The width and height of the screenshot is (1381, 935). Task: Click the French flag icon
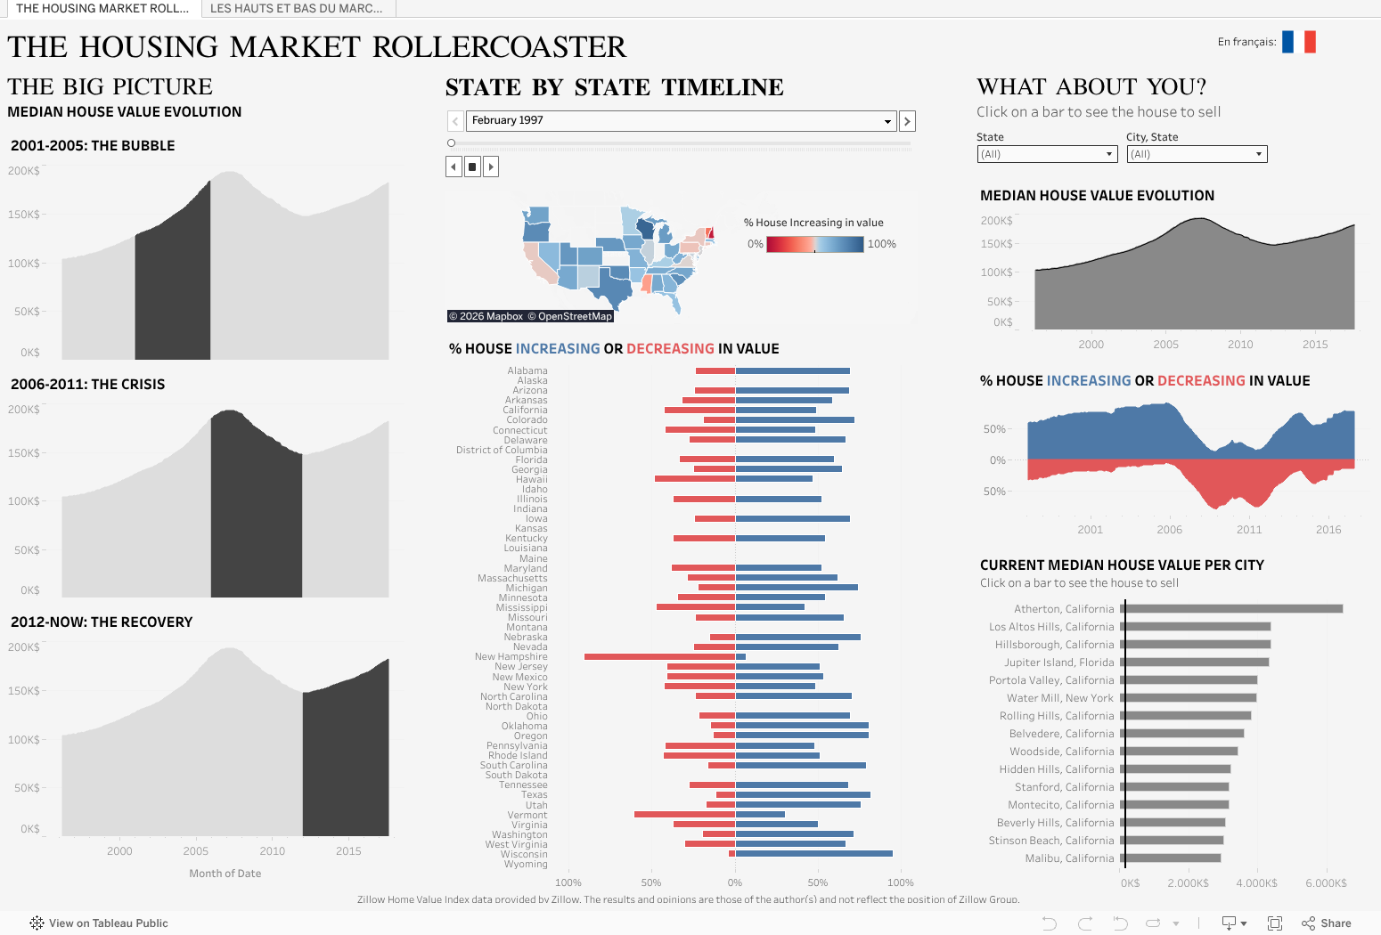pyautogui.click(x=1298, y=42)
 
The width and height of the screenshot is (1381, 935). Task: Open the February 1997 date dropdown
pyautogui.click(x=682, y=121)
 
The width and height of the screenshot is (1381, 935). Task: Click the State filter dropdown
pyautogui.click(x=1046, y=154)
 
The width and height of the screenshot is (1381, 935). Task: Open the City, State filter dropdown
pyautogui.click(x=1197, y=154)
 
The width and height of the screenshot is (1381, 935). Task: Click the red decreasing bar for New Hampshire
pyautogui.click(x=659, y=657)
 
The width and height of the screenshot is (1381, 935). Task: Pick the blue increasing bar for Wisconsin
pyautogui.click(x=813, y=854)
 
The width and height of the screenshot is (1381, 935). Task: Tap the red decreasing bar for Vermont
pyautogui.click(x=684, y=815)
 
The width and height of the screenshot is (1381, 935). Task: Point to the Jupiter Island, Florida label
pyautogui.click(x=1058, y=663)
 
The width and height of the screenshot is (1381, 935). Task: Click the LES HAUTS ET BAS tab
pyautogui.click(x=297, y=8)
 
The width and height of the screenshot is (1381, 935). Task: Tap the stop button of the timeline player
pyautogui.click(x=472, y=167)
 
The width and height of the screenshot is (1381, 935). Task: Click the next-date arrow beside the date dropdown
pyautogui.click(x=907, y=121)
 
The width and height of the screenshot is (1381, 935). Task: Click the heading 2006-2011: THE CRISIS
pyautogui.click(x=88, y=385)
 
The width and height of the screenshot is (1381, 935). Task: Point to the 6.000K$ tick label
pyautogui.click(x=1326, y=883)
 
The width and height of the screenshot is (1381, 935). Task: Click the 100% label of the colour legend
pyautogui.click(x=881, y=244)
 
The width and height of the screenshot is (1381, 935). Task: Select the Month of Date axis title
pyautogui.click(x=225, y=874)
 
